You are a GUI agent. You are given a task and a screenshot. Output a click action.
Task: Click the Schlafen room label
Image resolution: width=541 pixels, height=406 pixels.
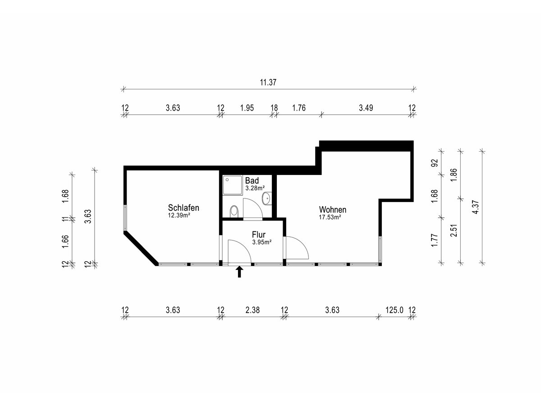(x=183, y=208)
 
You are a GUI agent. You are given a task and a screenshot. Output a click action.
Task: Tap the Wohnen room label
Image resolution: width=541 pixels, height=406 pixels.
(x=332, y=209)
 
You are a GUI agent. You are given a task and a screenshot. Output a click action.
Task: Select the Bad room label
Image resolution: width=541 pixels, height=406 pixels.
(x=252, y=181)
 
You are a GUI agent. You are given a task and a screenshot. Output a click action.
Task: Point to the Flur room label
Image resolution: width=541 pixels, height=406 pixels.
(x=258, y=234)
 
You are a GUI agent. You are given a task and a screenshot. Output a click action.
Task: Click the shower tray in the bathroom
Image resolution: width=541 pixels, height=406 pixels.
(x=233, y=185)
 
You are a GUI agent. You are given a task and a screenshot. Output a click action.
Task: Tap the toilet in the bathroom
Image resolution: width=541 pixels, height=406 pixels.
(x=234, y=212)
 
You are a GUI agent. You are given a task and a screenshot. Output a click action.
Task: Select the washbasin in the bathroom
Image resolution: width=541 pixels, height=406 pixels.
(x=267, y=198)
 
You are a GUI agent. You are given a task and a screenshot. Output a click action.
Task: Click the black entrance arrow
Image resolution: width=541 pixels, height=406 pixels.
(x=239, y=272)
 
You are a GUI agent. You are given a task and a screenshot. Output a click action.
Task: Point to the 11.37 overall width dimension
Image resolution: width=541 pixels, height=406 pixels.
(x=268, y=83)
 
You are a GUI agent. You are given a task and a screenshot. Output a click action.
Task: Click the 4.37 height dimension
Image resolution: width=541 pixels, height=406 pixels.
(x=476, y=207)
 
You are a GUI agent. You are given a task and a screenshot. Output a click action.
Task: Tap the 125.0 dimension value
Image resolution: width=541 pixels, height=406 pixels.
(x=394, y=310)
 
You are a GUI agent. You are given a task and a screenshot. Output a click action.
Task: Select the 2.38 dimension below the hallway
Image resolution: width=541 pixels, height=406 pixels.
(x=252, y=310)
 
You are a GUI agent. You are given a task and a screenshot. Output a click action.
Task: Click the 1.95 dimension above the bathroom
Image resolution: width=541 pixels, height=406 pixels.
(x=247, y=108)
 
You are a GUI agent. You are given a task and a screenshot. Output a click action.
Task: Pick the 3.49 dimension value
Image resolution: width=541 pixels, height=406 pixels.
(x=366, y=108)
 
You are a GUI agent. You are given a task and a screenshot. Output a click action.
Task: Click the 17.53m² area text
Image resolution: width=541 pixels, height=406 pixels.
(x=330, y=217)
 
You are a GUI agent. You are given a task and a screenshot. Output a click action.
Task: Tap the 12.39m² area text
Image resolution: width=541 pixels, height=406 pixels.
(x=179, y=215)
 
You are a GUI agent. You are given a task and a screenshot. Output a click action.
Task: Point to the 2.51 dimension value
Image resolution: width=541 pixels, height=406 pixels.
(x=454, y=231)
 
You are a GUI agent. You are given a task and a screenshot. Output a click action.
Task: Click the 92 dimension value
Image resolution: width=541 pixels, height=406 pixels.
(x=435, y=163)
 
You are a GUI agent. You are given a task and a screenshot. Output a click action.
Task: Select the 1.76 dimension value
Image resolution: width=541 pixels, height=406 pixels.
(x=299, y=108)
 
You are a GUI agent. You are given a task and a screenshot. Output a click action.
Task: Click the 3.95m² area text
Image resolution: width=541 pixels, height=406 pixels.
(x=262, y=242)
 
